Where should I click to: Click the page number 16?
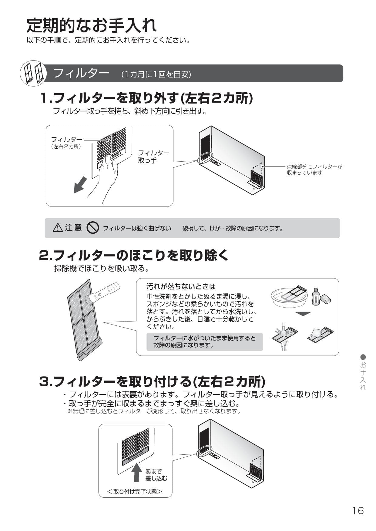click(x=358, y=511)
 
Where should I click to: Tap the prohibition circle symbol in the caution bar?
click(x=92, y=228)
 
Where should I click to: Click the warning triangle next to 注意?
click(x=58, y=228)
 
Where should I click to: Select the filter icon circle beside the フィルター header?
click(x=33, y=73)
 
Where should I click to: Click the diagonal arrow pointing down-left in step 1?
click(x=80, y=185)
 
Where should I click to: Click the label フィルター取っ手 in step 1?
click(x=153, y=157)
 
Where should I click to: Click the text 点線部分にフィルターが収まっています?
click(x=314, y=170)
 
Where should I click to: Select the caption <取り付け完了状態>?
click(x=135, y=492)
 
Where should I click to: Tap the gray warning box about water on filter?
click(x=204, y=342)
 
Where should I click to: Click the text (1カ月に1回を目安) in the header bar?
click(x=156, y=74)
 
